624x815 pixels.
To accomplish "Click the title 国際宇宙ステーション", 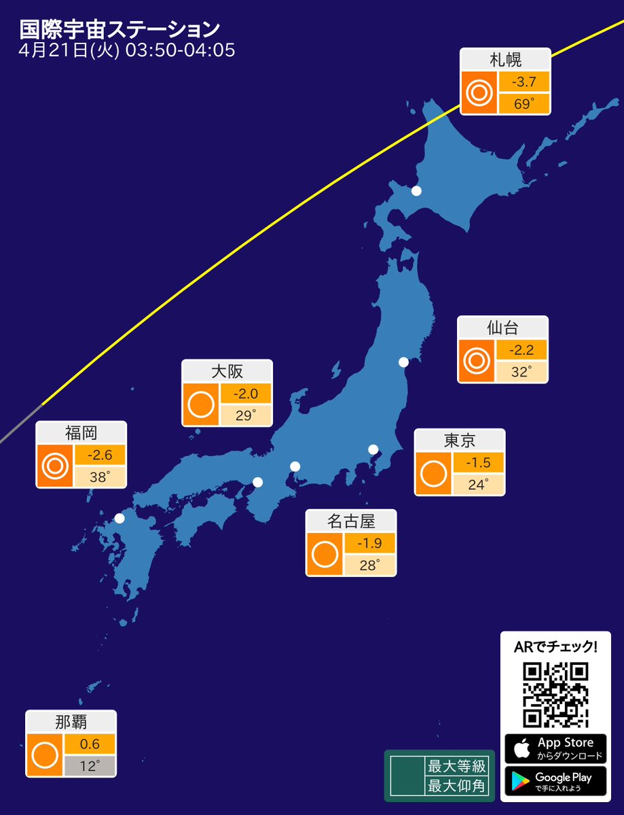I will [x=120, y=29].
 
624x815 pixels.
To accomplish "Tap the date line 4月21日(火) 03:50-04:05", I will [x=128, y=51].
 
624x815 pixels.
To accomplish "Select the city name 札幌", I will [x=505, y=59].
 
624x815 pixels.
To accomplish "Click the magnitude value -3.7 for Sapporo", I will [x=524, y=82].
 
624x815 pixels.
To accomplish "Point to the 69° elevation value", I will [x=524, y=104].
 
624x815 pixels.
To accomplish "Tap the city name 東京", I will [x=460, y=440].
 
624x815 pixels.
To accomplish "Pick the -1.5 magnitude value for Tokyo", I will [x=478, y=463].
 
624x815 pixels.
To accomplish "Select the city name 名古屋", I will [x=351, y=521].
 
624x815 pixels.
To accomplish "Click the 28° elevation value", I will [x=369, y=565].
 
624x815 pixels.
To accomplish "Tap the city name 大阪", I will [x=227, y=371].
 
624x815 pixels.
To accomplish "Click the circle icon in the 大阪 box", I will [x=200, y=405].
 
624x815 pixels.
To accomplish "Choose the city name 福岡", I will [x=81, y=432].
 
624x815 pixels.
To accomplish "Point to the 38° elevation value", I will [x=99, y=477].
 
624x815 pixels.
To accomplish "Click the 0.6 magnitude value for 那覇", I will [x=90, y=744].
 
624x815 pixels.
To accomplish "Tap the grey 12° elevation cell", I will [x=90, y=766].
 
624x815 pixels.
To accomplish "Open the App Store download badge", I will [x=555, y=748].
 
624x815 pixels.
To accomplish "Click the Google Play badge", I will [x=555, y=781].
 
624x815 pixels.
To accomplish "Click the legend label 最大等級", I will [x=456, y=767].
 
